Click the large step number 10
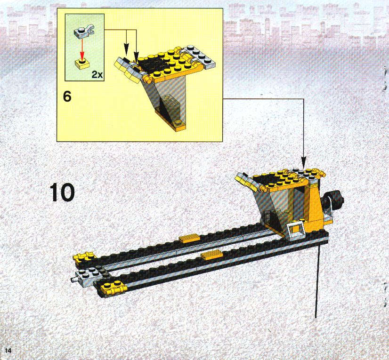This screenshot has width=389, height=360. [x=62, y=192]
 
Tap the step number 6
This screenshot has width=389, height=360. [x=67, y=96]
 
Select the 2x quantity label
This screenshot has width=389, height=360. [x=97, y=74]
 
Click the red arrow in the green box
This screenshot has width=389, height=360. [x=82, y=48]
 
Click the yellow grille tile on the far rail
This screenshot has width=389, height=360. [x=189, y=238]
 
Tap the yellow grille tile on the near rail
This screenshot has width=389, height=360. [x=211, y=255]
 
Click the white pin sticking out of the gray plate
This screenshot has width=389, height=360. [x=73, y=280]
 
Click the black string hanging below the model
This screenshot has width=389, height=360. [x=317, y=280]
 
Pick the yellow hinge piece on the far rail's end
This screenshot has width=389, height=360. [x=84, y=257]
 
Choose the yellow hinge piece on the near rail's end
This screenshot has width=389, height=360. [x=113, y=288]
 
